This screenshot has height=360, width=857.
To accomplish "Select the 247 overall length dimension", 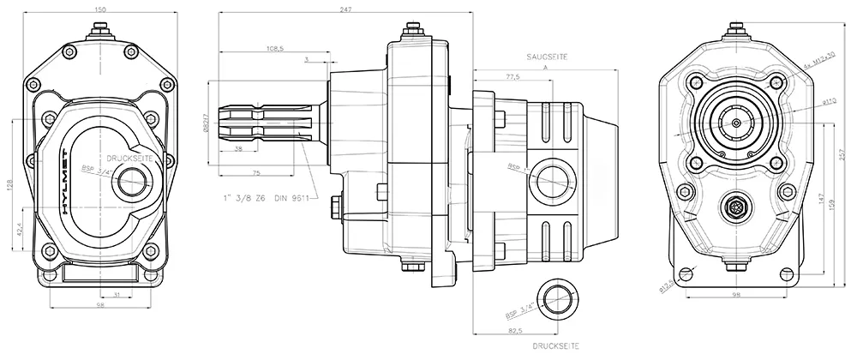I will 346,8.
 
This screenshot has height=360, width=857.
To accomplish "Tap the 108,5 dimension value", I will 276,47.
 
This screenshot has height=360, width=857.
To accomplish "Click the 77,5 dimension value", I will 513,77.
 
